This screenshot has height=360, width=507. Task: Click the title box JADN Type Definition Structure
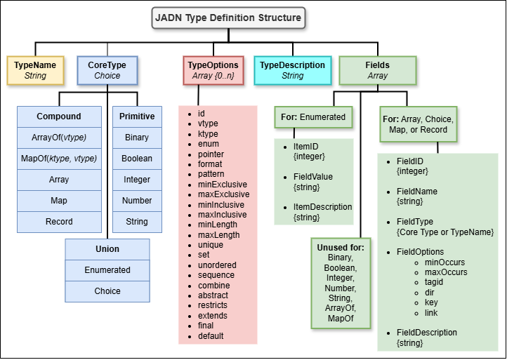click(x=229, y=18)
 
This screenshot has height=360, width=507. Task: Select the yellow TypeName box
click(x=35, y=70)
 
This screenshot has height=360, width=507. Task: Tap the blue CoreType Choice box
click(x=107, y=70)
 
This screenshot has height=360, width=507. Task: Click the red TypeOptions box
click(x=214, y=70)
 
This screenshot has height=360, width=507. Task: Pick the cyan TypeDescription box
click(x=292, y=70)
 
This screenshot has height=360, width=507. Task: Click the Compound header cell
click(x=59, y=116)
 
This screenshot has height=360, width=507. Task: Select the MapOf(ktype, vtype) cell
click(x=59, y=159)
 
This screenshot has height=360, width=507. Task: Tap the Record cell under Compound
click(x=59, y=222)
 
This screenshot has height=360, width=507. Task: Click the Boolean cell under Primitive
click(x=137, y=159)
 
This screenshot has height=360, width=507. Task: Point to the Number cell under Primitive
click(x=137, y=201)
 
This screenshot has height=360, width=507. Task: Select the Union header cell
click(x=107, y=249)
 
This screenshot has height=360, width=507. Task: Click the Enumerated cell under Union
click(x=107, y=270)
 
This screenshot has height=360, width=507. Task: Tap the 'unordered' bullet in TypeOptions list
click(x=217, y=265)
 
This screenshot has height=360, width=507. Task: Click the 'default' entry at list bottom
click(x=211, y=336)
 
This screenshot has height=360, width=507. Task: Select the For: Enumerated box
click(x=312, y=116)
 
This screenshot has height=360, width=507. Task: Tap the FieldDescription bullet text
click(x=427, y=333)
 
